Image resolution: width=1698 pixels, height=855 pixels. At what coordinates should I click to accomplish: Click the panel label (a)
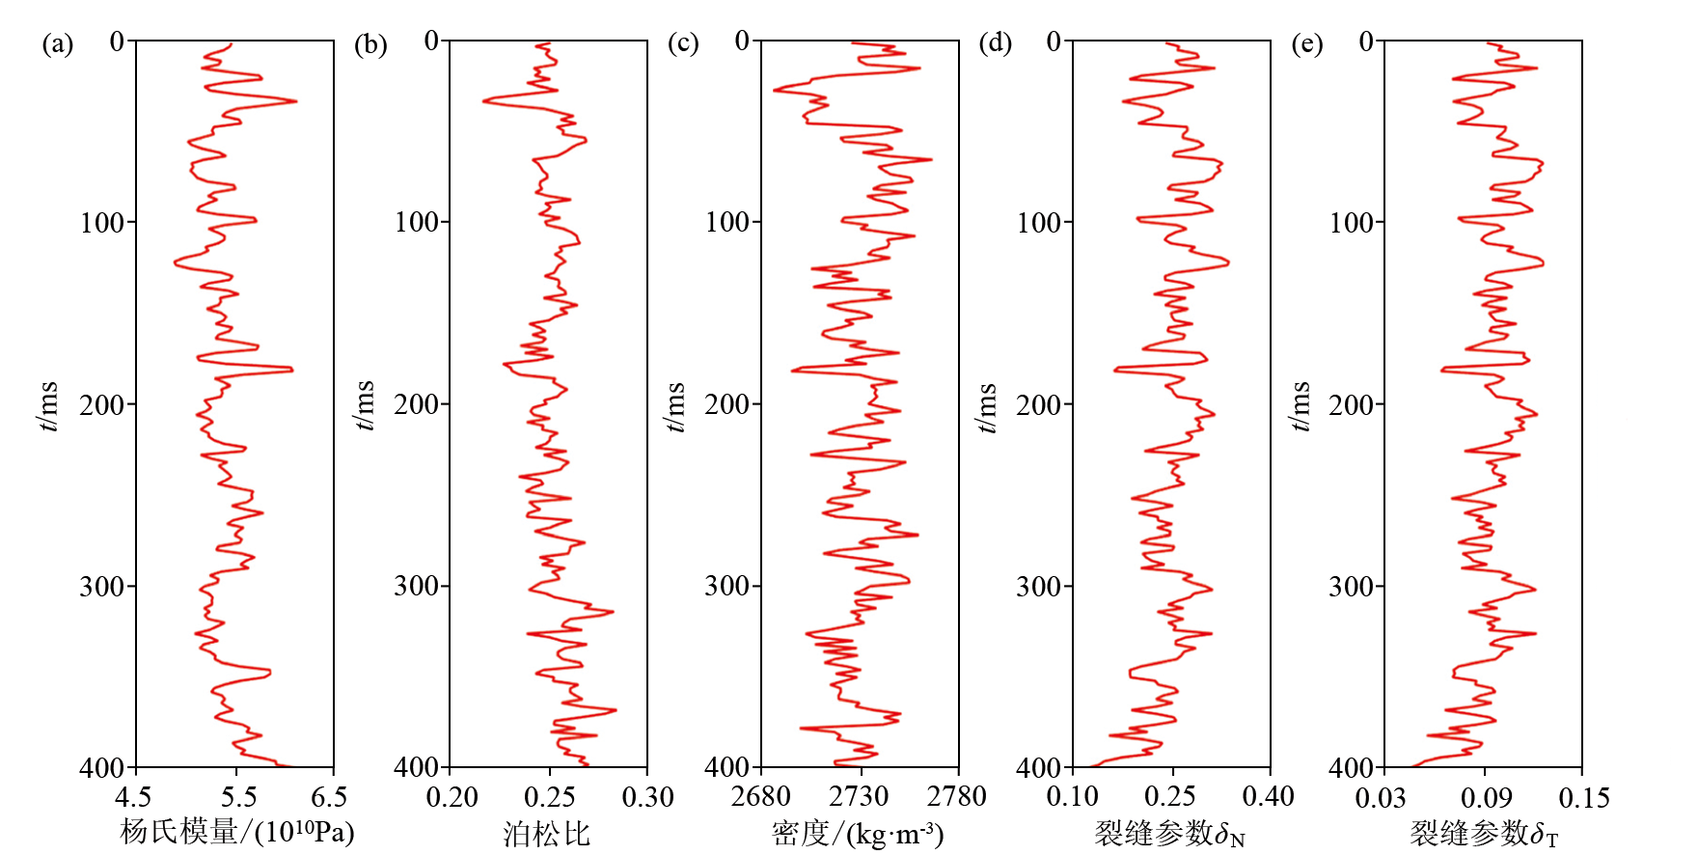click(58, 44)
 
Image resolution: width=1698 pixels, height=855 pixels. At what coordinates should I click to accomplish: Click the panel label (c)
click(683, 44)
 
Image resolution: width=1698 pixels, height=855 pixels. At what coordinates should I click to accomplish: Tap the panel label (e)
click(1307, 44)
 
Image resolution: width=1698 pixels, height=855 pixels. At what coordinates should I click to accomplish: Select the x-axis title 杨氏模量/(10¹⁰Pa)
click(237, 832)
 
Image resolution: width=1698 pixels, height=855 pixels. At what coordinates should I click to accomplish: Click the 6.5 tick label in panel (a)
click(329, 797)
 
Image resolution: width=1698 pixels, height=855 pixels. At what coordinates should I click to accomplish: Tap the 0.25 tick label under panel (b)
click(550, 797)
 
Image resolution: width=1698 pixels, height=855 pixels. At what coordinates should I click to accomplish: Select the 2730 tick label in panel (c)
click(859, 797)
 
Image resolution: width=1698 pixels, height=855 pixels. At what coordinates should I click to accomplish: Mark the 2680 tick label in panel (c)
click(761, 797)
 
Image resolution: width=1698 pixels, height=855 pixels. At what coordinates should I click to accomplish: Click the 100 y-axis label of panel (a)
click(102, 223)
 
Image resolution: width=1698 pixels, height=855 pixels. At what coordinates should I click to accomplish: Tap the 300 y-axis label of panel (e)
click(1351, 587)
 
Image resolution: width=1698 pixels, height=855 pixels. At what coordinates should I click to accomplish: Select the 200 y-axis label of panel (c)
click(726, 405)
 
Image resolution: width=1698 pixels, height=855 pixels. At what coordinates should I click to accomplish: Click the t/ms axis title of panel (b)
click(364, 405)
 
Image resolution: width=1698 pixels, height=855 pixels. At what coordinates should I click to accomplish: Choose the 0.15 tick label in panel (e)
click(1583, 798)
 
